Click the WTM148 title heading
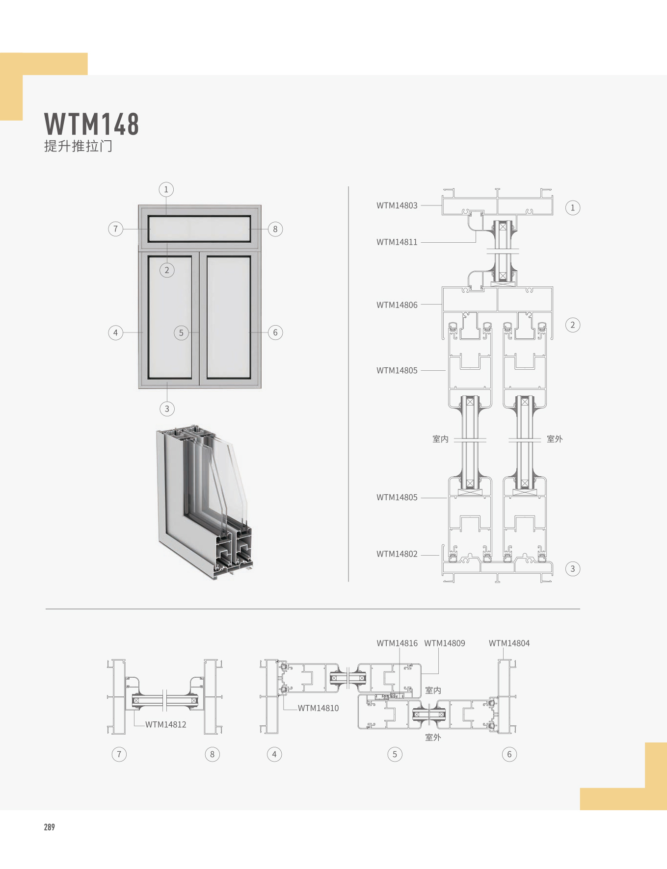92,124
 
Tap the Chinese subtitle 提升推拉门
78,146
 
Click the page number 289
49,827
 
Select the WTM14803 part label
397,205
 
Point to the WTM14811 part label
397,242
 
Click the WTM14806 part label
397,305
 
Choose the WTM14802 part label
397,554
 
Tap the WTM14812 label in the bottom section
165,724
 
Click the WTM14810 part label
318,708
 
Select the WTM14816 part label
397,643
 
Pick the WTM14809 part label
445,643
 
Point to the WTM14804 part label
509,643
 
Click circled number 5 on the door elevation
181,333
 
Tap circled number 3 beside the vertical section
572,569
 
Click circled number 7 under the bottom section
119,754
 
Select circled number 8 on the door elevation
275,229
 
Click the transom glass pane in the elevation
199,229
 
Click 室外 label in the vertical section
555,439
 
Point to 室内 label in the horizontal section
433,690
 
